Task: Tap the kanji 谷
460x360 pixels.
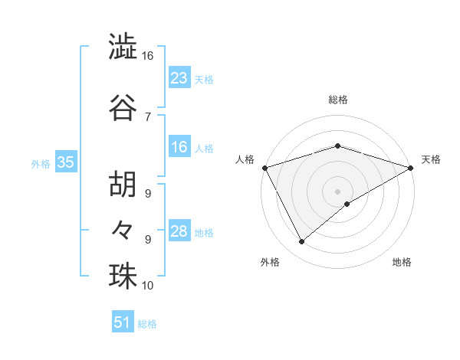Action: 123,107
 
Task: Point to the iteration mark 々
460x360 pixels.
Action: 123,227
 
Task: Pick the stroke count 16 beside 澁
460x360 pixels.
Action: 148,56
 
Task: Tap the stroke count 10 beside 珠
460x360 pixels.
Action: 148,286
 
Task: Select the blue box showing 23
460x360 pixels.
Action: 179,78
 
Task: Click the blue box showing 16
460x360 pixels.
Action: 179,147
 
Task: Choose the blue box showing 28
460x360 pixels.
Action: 179,231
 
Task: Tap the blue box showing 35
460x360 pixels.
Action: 65,162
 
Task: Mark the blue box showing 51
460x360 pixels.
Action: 123,322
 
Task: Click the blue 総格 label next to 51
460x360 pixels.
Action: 147,324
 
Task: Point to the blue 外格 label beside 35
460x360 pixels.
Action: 41,163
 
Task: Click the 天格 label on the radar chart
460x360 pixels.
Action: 431,159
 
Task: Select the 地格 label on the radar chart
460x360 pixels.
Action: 402,262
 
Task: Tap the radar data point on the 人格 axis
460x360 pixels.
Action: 264,167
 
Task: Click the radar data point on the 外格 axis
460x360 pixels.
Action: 301,242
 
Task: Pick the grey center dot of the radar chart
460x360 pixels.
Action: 337,191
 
